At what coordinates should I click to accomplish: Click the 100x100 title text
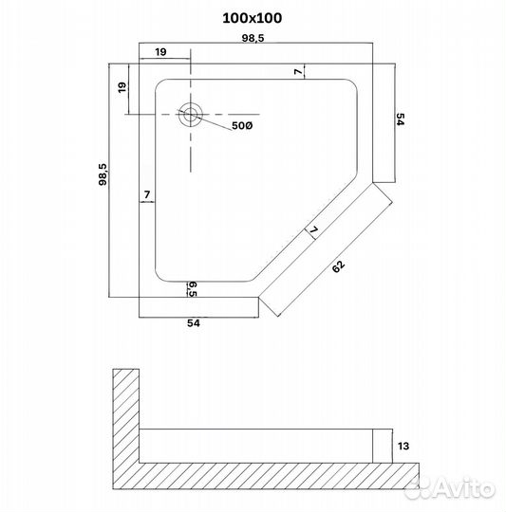tap(253, 18)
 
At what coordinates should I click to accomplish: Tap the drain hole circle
tap(192, 115)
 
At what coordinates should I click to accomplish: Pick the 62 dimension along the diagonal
tap(339, 268)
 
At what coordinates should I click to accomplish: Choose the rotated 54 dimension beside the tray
tap(401, 120)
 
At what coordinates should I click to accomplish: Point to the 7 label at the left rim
tap(146, 195)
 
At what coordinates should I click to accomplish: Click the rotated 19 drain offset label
tap(122, 88)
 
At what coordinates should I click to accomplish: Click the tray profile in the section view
tap(256, 445)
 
